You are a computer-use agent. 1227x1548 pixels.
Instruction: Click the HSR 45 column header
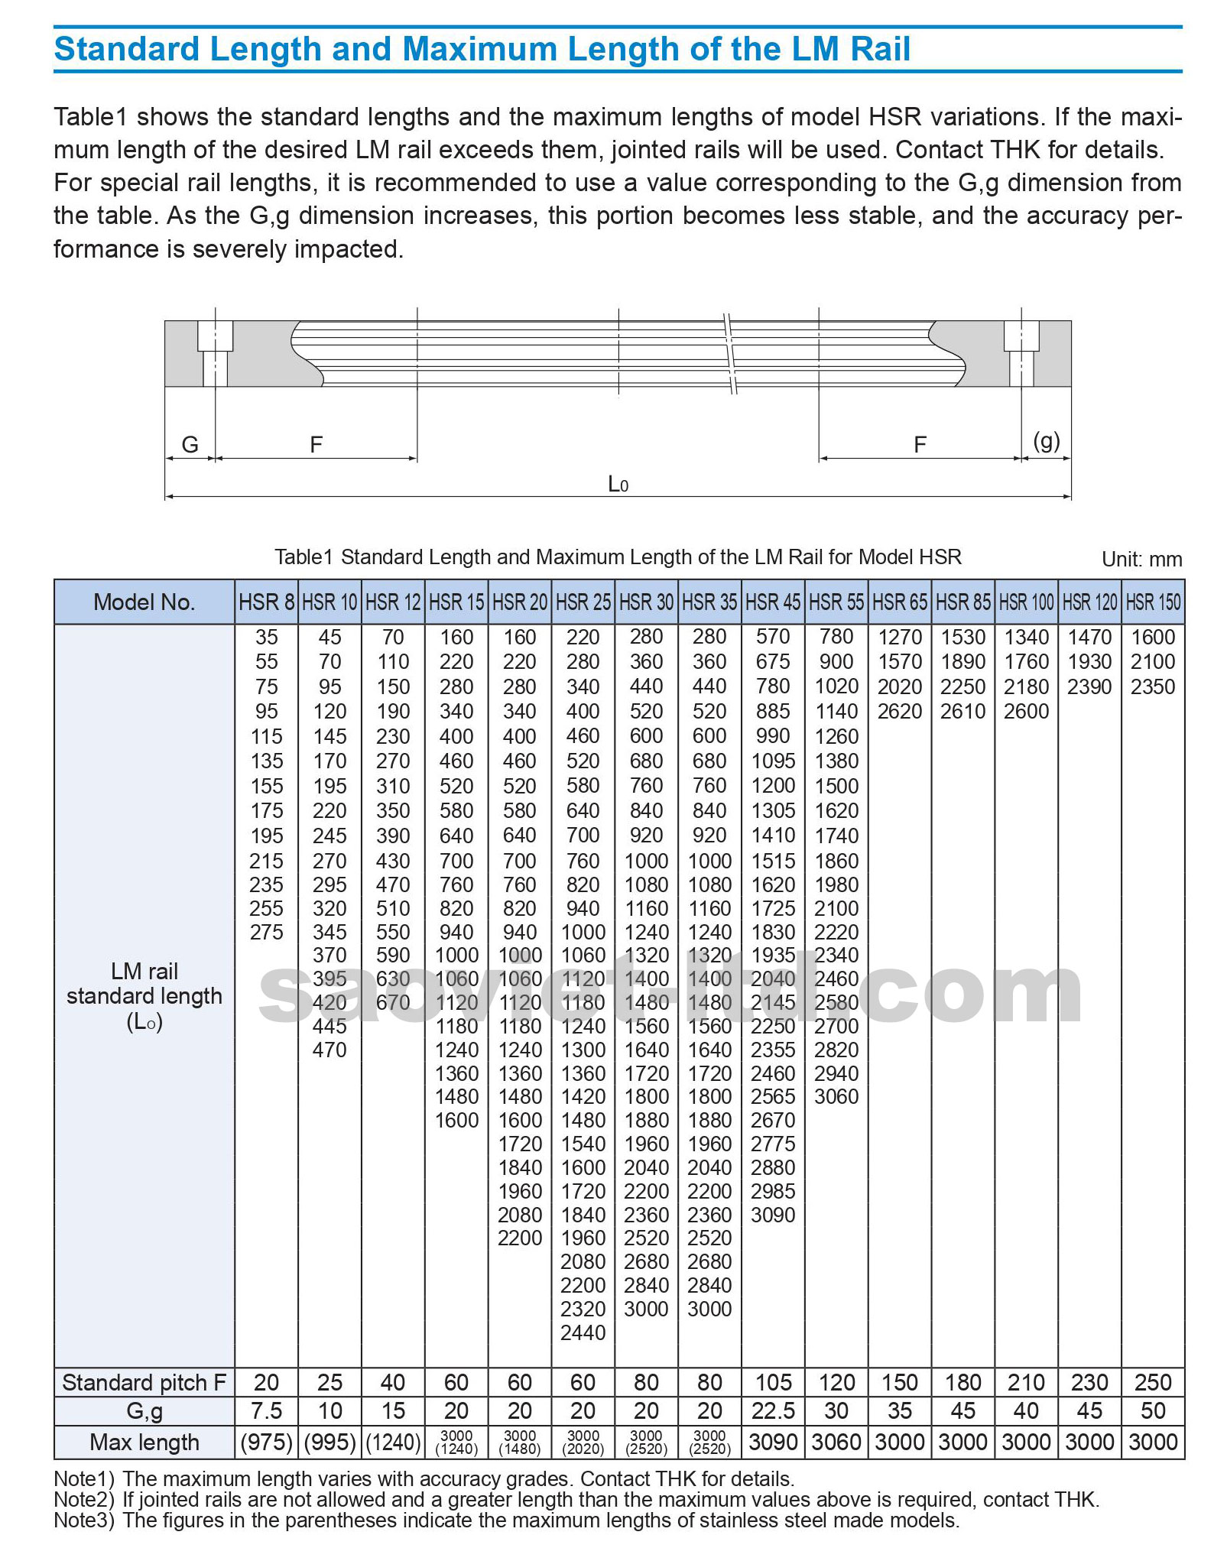773,602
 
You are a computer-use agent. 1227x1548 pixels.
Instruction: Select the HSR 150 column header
1153,602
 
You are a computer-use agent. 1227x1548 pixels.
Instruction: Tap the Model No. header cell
144,602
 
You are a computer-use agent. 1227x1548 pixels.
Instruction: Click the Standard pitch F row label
144,1382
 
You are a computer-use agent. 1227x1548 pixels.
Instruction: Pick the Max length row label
144,1443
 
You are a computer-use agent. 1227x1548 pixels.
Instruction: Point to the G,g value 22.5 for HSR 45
773,1410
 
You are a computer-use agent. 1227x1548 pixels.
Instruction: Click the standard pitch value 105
773,1382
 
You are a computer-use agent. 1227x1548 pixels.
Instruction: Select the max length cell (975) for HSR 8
266,1443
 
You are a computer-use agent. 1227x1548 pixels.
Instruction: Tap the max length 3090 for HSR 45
773,1443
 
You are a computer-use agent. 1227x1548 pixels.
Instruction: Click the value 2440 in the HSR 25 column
583,1332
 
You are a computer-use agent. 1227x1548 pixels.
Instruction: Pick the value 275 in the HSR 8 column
266,932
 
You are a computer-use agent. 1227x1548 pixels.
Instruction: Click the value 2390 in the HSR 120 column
1089,686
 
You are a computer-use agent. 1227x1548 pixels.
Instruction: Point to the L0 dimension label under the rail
618,484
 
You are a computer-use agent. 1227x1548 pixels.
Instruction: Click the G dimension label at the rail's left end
190,444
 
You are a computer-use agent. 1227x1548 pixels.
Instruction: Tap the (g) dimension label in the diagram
1046,441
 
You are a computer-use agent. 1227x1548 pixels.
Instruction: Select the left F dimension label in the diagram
316,444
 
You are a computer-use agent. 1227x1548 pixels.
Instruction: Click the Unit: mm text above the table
1141,559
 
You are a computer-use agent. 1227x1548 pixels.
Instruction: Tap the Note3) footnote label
83,1520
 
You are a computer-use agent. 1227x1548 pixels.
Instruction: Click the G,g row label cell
144,1410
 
